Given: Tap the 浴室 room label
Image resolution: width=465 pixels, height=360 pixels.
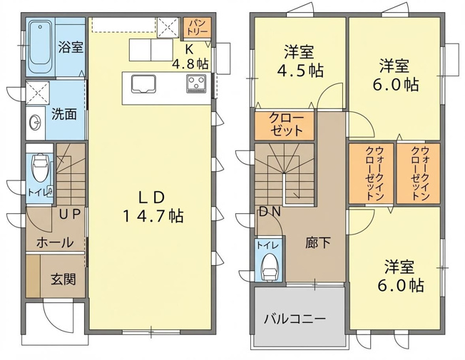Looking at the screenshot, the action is [71, 47].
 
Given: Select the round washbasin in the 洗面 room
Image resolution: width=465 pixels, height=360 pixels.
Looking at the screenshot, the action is [35, 123].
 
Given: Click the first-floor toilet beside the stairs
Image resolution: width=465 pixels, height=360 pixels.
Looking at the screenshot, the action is [39, 168].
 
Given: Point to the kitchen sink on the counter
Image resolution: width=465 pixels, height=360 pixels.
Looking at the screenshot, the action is [144, 84].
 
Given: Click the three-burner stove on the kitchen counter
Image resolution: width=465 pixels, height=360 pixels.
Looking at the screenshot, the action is [196, 84].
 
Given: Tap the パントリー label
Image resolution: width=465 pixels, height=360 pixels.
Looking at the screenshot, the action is [197, 27].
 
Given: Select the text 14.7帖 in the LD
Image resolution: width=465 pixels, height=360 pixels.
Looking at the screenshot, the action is [153, 216].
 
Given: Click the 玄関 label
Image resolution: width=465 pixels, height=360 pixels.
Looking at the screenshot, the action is [63, 279].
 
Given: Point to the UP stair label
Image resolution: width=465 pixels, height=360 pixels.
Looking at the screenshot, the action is [70, 214].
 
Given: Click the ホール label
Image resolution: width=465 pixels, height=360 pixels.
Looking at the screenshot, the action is [55, 242].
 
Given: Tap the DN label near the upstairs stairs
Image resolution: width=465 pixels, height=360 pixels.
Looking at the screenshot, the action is [270, 212].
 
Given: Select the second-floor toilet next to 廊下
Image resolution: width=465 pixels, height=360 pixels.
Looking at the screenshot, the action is [270, 267].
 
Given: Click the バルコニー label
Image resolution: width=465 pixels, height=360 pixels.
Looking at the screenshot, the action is [295, 319].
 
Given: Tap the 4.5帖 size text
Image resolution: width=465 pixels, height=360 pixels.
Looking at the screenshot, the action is [300, 71].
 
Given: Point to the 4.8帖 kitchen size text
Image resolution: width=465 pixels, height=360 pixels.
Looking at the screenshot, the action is [190, 63].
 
